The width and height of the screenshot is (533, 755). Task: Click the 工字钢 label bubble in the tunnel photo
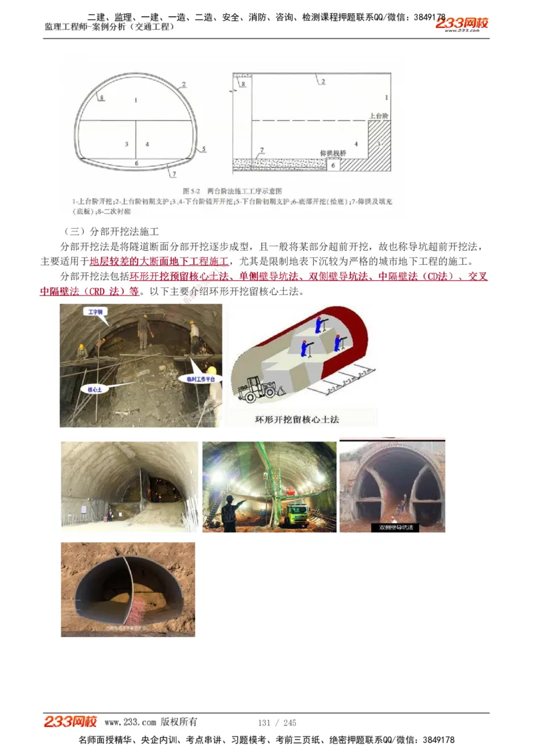click(95, 311)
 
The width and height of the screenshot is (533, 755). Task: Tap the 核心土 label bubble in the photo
click(93, 388)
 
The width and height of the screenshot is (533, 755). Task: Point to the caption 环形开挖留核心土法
click(297, 420)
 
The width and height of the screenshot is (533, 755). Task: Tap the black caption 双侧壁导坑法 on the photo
click(396, 527)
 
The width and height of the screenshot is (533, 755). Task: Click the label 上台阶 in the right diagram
click(379, 115)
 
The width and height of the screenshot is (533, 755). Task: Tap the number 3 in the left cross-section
click(126, 144)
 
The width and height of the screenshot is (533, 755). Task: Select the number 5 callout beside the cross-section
click(204, 149)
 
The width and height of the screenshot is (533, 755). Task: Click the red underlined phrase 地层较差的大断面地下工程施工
click(159, 261)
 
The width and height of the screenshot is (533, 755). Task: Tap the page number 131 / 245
click(276, 723)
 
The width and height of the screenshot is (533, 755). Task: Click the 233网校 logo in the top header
click(462, 24)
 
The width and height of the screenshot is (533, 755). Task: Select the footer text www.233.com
click(130, 722)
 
